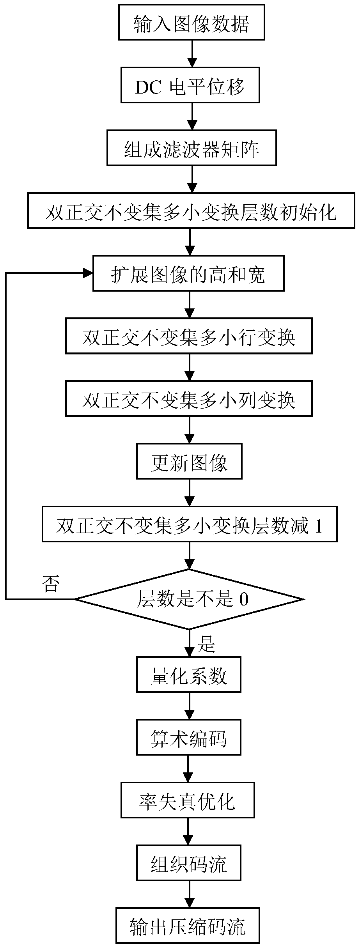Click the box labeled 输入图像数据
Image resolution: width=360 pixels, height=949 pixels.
(x=192, y=22)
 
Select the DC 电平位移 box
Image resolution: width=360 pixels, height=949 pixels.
(x=190, y=85)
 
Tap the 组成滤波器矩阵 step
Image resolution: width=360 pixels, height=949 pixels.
(x=192, y=148)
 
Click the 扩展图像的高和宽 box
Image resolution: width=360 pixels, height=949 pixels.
(x=188, y=273)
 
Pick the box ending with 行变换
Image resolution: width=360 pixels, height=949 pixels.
(x=189, y=336)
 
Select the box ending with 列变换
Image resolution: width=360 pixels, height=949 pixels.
(x=189, y=398)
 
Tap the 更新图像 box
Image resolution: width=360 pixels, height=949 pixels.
(x=189, y=461)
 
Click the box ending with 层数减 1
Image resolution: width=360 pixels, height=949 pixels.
(x=190, y=524)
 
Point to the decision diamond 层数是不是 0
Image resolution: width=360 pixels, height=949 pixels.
(x=190, y=599)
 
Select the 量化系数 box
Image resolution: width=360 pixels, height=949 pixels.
(x=188, y=675)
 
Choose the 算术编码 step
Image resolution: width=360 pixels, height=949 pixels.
(x=188, y=737)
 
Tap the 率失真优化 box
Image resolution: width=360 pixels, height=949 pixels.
(x=188, y=800)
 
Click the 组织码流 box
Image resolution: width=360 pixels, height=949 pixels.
(x=188, y=863)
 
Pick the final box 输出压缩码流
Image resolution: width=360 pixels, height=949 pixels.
(x=188, y=926)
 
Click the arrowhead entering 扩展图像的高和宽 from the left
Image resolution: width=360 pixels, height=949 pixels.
(x=88, y=273)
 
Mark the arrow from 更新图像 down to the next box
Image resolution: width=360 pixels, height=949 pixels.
(x=190, y=492)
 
